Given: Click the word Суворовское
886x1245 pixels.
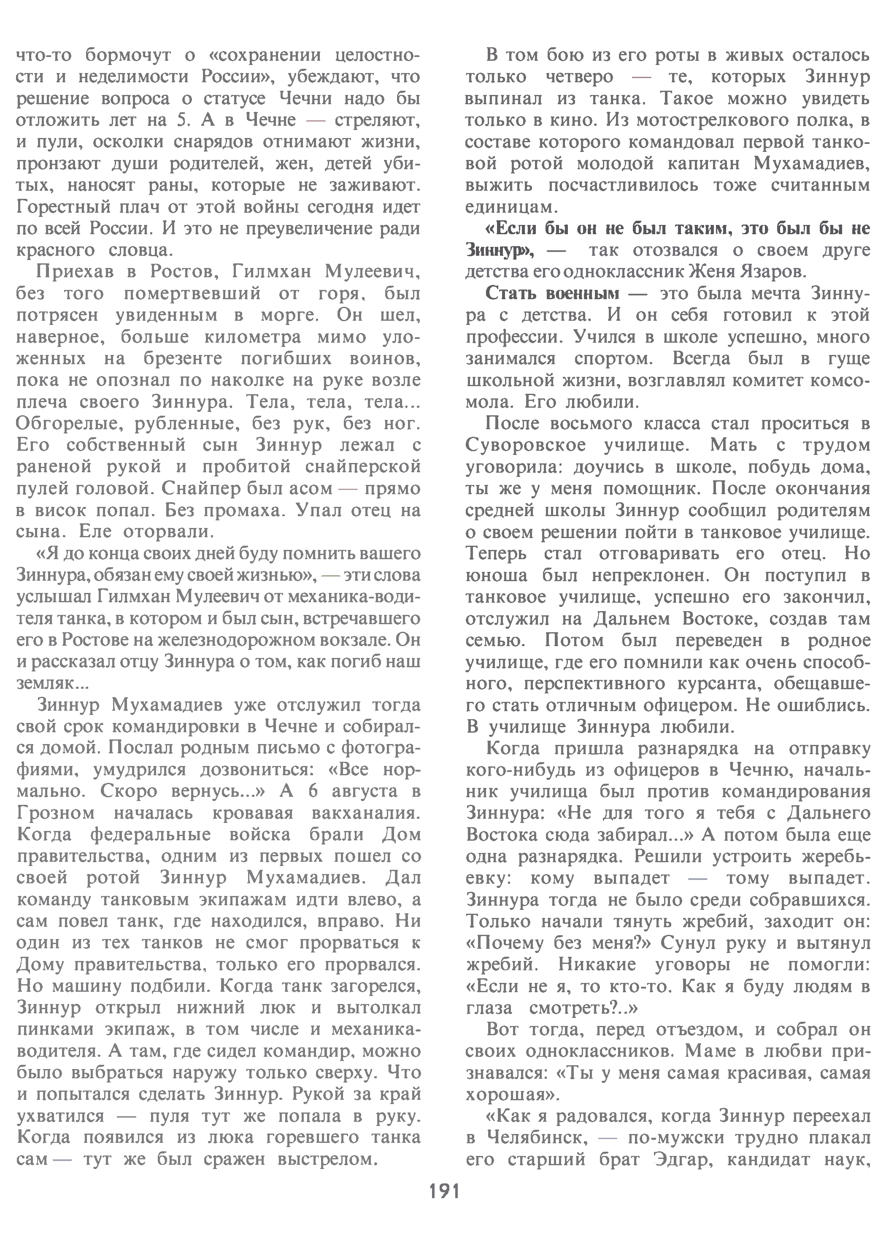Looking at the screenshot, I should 526,446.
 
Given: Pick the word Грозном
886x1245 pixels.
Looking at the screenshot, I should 56,813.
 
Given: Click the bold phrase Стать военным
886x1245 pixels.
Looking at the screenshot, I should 553,293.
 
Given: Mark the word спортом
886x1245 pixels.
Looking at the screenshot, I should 614,358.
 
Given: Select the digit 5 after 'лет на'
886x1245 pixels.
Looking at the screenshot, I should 182,120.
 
